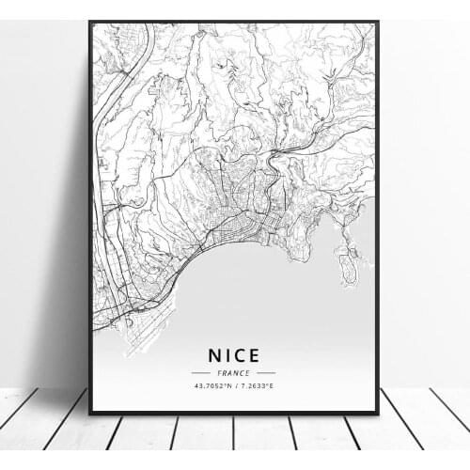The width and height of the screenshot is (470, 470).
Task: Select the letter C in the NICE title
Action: click(x=242, y=356)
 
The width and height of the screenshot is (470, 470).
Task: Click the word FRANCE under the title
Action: click(x=234, y=372)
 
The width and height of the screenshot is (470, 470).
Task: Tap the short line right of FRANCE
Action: click(x=266, y=372)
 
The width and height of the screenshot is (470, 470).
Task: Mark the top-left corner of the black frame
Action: click(x=90, y=22)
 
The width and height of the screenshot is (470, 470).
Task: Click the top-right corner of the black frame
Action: click(x=378, y=22)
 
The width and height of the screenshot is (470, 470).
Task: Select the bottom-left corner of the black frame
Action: click(x=90, y=414)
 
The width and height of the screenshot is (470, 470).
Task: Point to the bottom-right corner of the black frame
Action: click(x=378, y=414)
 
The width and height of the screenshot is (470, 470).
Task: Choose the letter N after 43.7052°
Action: click(x=229, y=385)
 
